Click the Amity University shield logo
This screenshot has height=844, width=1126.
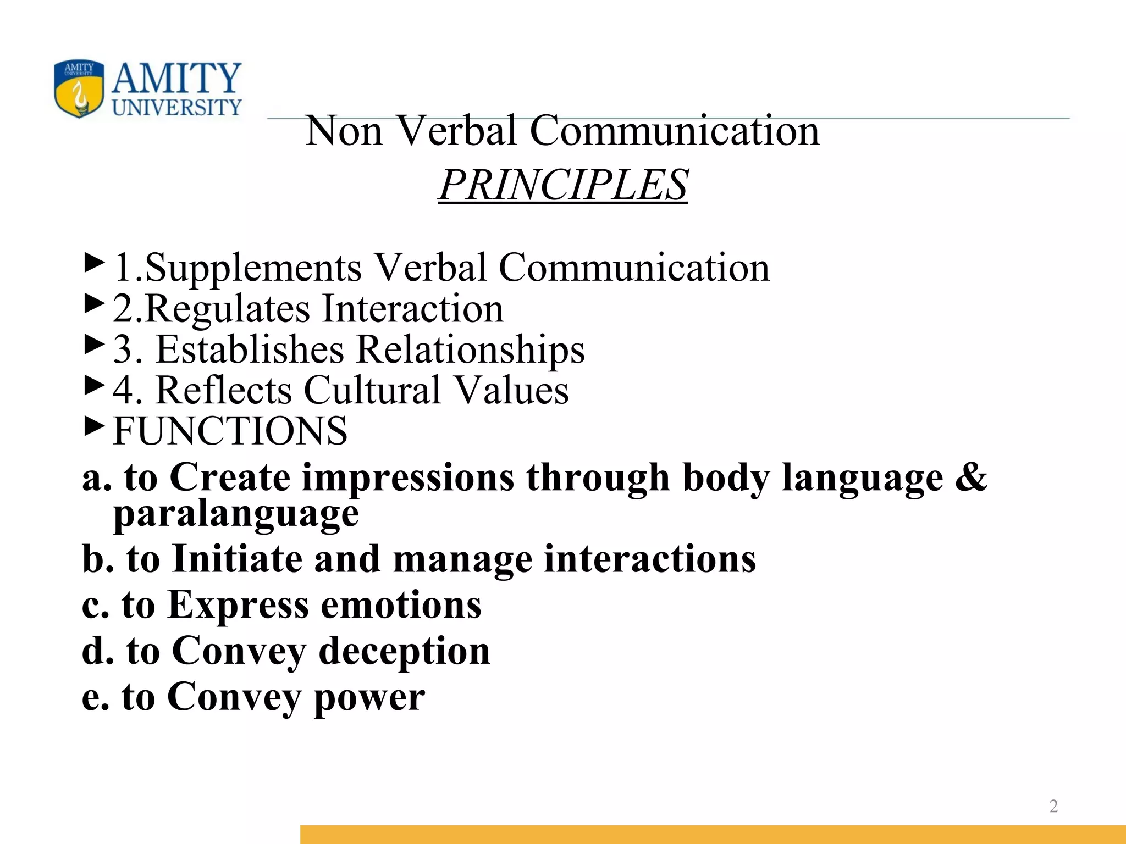(79, 89)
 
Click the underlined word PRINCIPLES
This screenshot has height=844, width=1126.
(563, 185)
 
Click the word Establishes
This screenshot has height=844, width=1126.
(250, 349)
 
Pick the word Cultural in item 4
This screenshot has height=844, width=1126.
(373, 390)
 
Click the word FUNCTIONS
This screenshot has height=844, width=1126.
(230, 431)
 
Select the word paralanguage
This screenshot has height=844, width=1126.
(236, 514)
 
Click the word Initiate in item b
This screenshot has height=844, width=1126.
(238, 559)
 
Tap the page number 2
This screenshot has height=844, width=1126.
(1053, 806)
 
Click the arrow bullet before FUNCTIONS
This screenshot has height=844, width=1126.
(94, 425)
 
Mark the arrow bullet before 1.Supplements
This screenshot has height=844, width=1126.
(94, 263)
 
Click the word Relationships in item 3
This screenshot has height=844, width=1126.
(471, 349)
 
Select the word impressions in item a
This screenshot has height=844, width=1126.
(408, 477)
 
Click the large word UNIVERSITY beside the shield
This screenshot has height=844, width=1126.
(177, 108)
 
